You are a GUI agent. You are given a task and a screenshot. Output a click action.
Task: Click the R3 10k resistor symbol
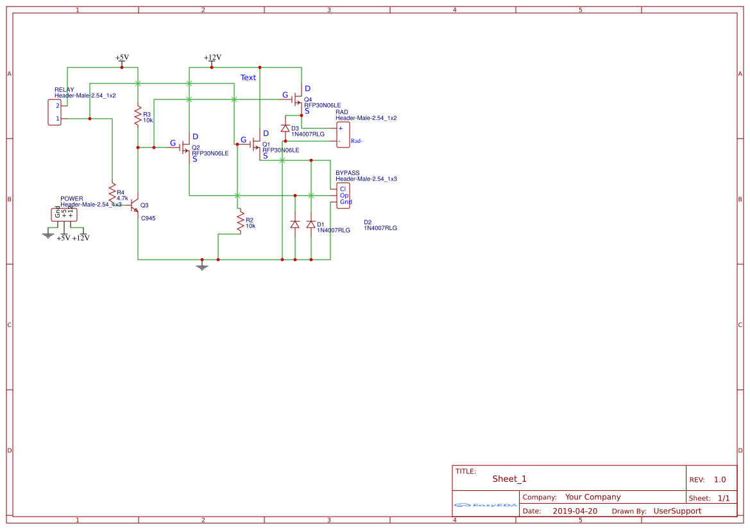click(138, 117)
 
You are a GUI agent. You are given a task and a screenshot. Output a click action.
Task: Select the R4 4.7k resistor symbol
click(112, 192)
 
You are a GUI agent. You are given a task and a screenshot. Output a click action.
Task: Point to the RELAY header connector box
click(55, 112)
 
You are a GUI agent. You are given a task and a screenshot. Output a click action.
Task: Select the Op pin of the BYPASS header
click(343, 195)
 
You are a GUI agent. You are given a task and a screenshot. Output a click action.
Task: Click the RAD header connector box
click(343, 134)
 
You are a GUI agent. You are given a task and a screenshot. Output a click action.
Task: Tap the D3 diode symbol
click(286, 129)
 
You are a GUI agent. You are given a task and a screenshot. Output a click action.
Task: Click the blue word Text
click(248, 78)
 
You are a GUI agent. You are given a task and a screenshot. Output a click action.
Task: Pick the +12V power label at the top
click(212, 57)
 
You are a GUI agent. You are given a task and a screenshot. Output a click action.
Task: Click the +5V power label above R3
click(122, 57)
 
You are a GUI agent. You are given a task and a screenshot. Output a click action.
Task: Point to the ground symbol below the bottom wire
click(202, 265)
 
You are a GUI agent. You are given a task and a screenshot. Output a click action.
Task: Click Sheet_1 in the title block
click(509, 479)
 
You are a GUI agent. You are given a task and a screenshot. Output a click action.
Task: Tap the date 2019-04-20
click(574, 511)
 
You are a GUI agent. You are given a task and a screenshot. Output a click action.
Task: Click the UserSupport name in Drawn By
click(677, 511)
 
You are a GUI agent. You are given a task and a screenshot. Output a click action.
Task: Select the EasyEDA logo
click(484, 505)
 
